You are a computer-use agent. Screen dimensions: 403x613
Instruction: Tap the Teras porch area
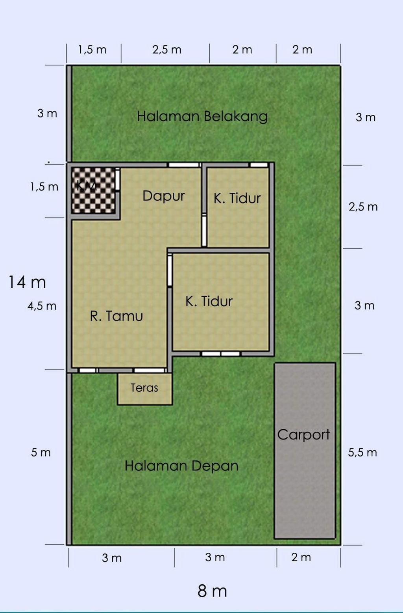tap(145, 389)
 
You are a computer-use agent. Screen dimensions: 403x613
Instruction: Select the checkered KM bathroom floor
tap(93, 190)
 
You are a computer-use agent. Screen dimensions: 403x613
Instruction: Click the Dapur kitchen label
tap(164, 196)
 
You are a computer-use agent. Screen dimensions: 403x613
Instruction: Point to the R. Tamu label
tap(116, 316)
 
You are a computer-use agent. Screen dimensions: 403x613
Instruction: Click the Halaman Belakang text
tap(202, 116)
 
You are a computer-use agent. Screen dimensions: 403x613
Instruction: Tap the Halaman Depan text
tap(181, 466)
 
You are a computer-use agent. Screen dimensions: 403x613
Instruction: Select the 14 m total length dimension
tap(27, 282)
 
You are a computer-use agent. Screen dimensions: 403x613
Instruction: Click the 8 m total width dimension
tap(212, 591)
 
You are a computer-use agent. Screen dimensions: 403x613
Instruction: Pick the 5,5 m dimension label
tap(362, 453)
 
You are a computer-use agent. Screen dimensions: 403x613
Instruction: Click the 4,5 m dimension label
tap(42, 306)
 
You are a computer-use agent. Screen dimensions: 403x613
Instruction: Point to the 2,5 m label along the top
tap(166, 50)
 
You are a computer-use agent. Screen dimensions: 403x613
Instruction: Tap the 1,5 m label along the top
tap(92, 50)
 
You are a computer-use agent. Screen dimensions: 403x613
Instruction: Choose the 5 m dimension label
tap(41, 453)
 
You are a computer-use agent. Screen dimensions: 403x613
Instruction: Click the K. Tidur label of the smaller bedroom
tap(237, 198)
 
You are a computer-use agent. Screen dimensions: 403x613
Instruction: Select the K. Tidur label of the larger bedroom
tap(209, 301)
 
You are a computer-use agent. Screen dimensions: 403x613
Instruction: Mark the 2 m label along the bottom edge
tap(301, 557)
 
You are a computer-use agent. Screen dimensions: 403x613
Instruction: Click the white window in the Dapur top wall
tap(184, 165)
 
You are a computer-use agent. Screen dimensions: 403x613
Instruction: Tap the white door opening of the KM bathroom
tap(118, 180)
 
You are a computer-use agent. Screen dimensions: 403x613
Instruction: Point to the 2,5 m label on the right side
tap(363, 207)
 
